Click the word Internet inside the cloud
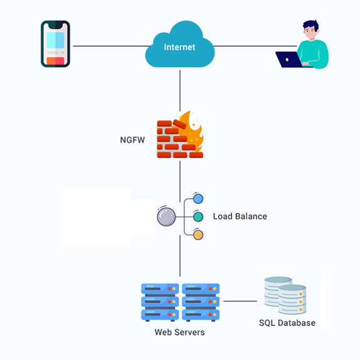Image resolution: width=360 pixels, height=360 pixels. click(x=179, y=47)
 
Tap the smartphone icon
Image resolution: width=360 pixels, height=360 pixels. click(x=55, y=44)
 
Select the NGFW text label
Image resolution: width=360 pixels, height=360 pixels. click(x=132, y=140)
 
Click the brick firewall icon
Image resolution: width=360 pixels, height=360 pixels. click(x=180, y=135)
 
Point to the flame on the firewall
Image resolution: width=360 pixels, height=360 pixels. click(x=192, y=131)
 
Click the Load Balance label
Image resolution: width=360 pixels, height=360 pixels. click(x=240, y=216)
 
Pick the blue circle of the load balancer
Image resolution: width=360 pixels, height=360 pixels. click(x=198, y=199)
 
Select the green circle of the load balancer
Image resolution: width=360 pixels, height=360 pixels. click(x=198, y=217)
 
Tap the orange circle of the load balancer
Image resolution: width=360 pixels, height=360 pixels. click(x=198, y=235)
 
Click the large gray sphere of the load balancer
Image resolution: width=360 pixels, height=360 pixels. click(x=166, y=217)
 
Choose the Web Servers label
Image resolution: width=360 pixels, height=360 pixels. click(x=179, y=332)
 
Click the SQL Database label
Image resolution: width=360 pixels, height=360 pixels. click(x=287, y=323)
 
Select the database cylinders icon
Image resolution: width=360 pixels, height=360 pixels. click(x=285, y=295)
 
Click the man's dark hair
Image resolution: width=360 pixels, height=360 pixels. click(x=310, y=26)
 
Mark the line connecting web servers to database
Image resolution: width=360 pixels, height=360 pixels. click(x=240, y=301)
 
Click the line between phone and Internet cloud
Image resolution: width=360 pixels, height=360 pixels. click(x=112, y=46)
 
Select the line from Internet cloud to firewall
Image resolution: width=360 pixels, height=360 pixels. click(x=180, y=91)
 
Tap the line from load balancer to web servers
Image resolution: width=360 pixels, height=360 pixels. click(x=180, y=256)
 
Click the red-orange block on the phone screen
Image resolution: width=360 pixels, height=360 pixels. click(x=55, y=61)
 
